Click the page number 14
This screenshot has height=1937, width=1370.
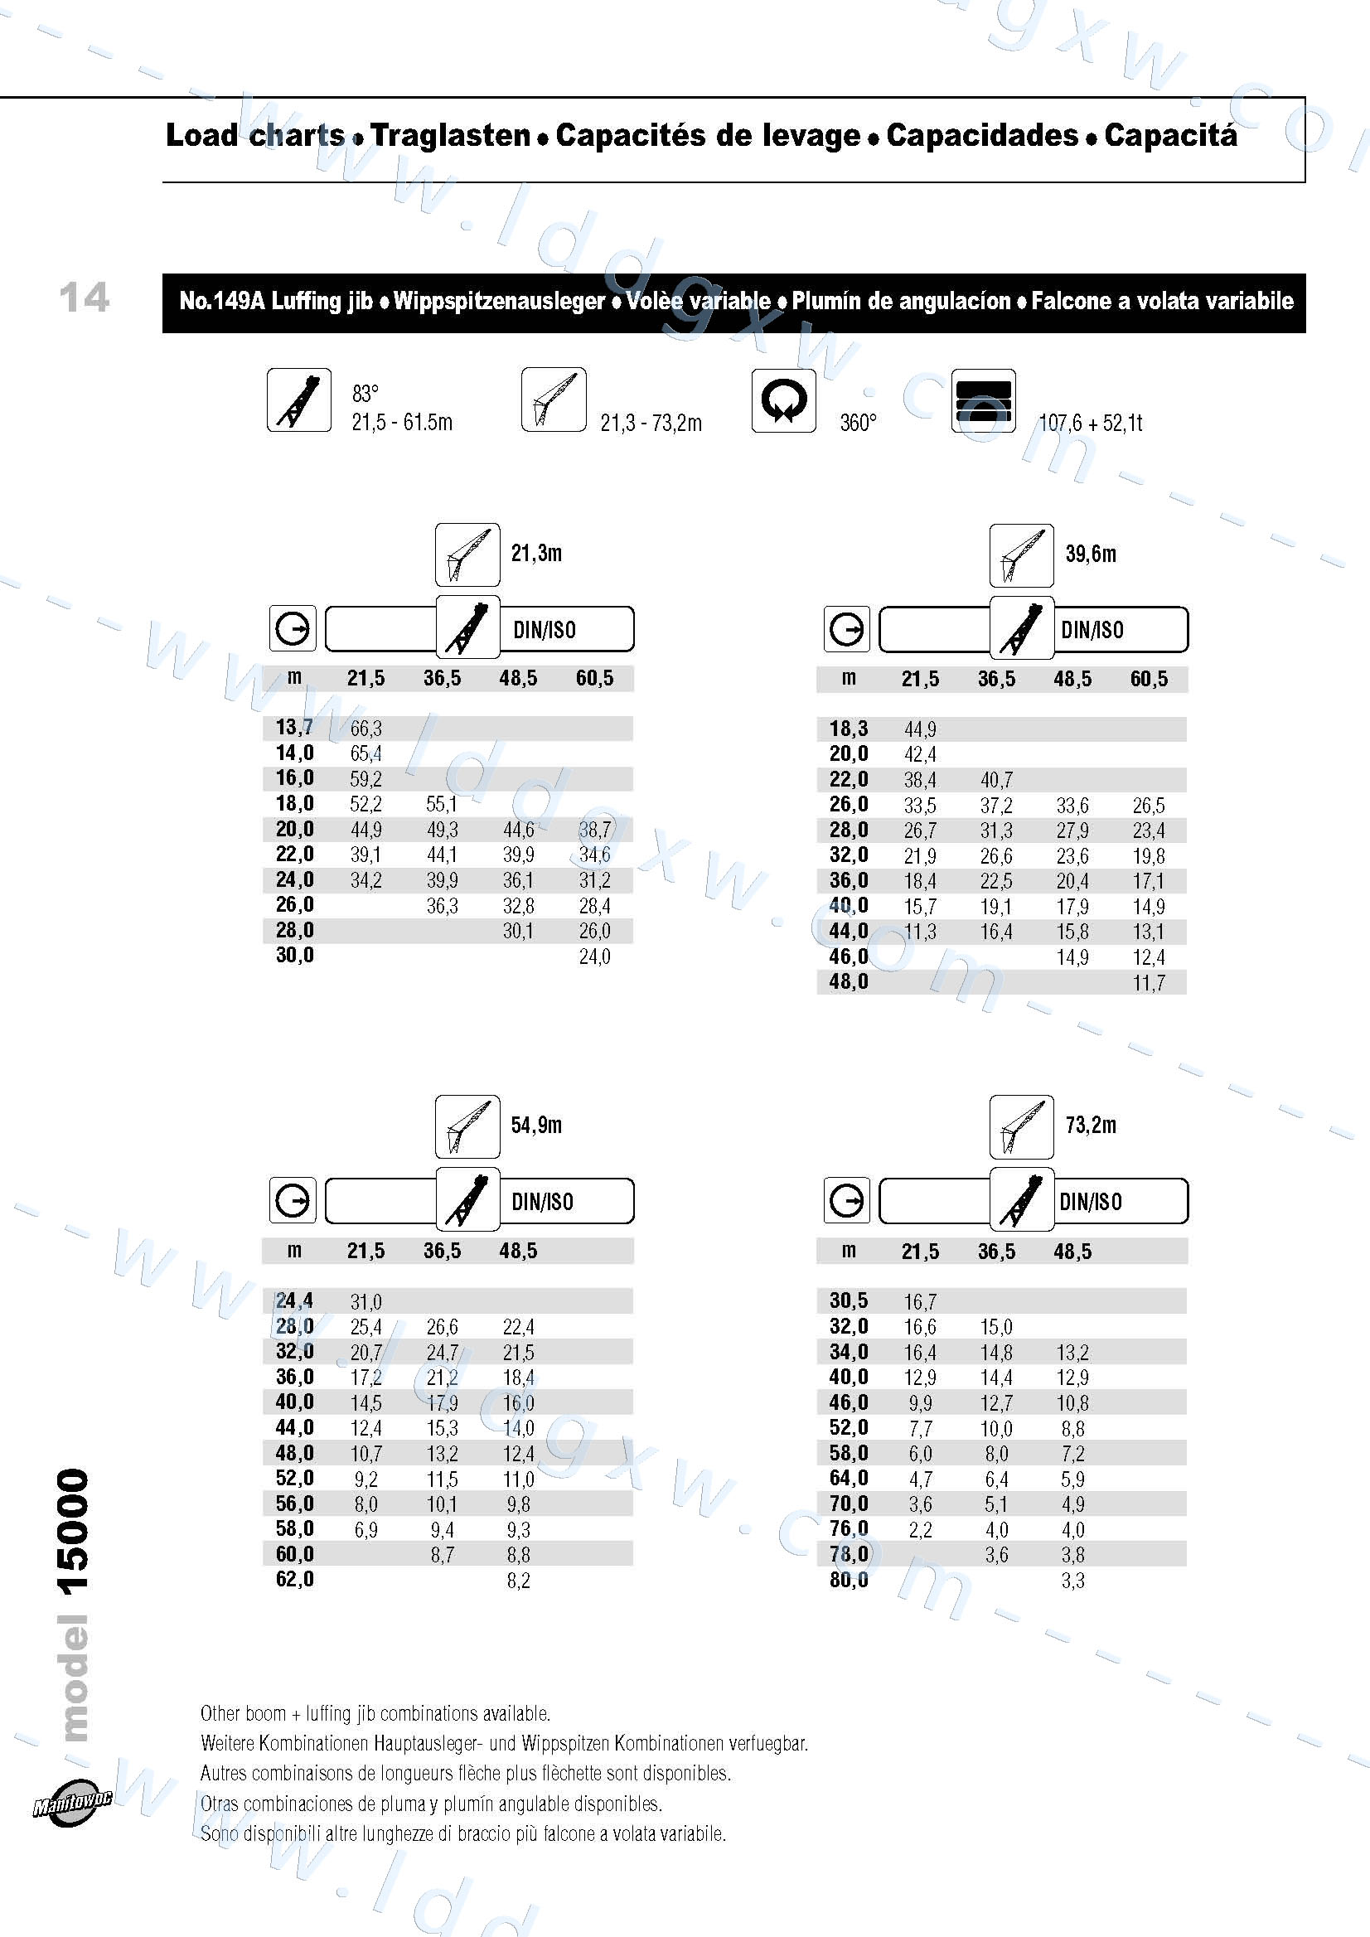point(85,297)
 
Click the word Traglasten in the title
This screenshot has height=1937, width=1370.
point(451,135)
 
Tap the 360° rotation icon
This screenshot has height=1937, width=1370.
point(783,400)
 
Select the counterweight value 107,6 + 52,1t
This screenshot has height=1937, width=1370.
point(1090,423)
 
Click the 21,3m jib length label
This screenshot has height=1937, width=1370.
point(535,554)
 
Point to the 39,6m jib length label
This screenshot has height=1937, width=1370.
point(1090,554)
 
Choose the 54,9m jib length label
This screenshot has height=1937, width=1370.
point(535,1126)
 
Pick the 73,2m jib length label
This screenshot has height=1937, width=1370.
point(1090,1126)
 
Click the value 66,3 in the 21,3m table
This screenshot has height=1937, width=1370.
point(366,729)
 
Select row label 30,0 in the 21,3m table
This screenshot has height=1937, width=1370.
point(294,956)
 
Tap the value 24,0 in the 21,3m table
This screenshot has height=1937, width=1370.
point(595,956)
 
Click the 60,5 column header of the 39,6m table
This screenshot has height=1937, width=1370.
point(1149,680)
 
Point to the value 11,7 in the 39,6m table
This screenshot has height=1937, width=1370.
point(1149,983)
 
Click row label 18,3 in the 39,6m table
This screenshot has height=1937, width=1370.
point(849,729)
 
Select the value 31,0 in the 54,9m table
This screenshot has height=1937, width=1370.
point(366,1302)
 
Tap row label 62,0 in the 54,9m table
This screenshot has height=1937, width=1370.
point(294,1579)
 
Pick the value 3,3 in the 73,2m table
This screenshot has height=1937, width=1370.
point(1072,1580)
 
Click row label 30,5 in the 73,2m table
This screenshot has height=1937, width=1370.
point(849,1301)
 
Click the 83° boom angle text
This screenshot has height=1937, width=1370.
point(365,394)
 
